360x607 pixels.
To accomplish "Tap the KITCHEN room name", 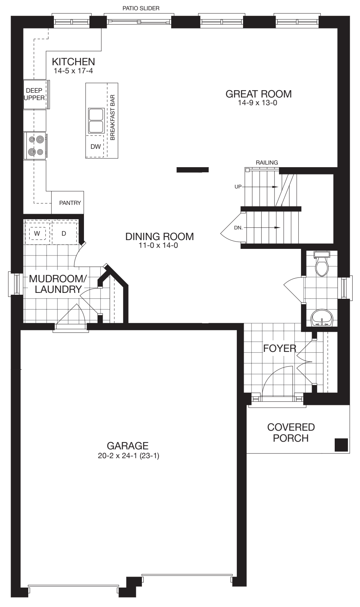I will (73, 62).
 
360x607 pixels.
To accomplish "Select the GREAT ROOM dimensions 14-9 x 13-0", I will (257, 103).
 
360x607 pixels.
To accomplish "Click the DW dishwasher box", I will (95, 147).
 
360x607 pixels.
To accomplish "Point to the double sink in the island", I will (96, 120).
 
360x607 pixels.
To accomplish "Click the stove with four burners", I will (35, 146).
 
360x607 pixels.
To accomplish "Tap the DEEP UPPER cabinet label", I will (34, 94).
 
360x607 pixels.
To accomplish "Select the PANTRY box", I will (70, 203).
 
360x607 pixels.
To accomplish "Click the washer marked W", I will (37, 233).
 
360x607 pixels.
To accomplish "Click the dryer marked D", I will (64, 233).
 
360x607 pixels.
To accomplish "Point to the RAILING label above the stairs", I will (267, 162).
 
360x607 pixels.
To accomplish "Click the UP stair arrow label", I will (238, 187).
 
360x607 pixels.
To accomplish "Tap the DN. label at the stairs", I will (238, 227).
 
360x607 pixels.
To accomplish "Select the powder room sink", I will (322, 318).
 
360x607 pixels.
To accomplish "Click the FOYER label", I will (279, 348).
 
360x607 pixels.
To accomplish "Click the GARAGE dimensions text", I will (128, 456).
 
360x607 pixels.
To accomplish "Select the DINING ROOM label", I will (159, 236).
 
